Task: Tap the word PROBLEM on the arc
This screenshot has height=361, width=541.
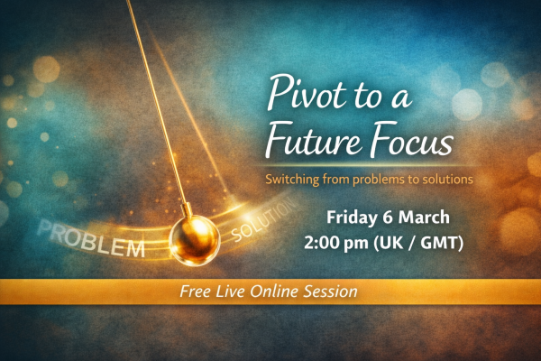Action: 89,239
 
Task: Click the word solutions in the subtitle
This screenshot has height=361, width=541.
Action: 442,179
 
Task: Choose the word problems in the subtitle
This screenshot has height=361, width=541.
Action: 375,179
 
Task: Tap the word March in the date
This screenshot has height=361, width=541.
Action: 433,218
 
